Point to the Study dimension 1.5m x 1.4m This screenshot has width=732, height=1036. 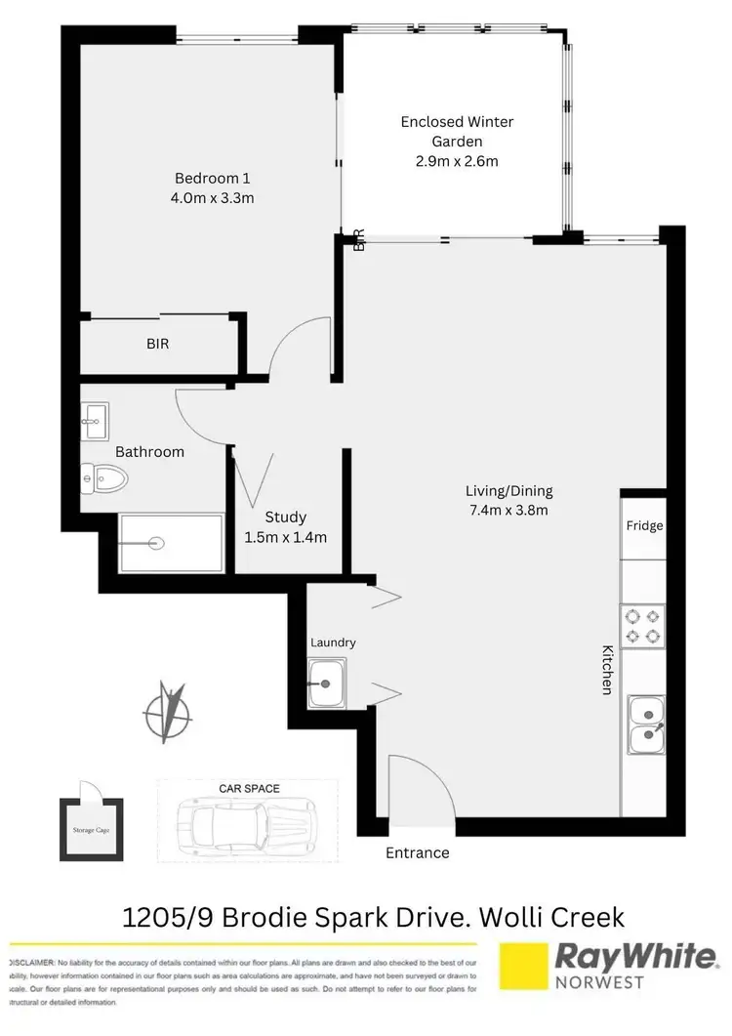tap(286, 537)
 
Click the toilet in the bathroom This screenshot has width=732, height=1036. tap(106, 477)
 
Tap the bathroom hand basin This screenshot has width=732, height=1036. tap(96, 422)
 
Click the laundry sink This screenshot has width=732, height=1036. tap(325, 680)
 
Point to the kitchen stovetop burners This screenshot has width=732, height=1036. tap(643, 626)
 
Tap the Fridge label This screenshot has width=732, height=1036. tap(644, 526)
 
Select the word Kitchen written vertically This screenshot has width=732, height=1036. tap(606, 670)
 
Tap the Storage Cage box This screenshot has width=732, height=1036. tap(92, 831)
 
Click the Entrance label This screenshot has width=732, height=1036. tap(418, 852)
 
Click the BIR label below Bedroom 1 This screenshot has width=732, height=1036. tap(158, 344)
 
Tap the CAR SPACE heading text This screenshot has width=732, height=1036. tap(249, 786)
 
